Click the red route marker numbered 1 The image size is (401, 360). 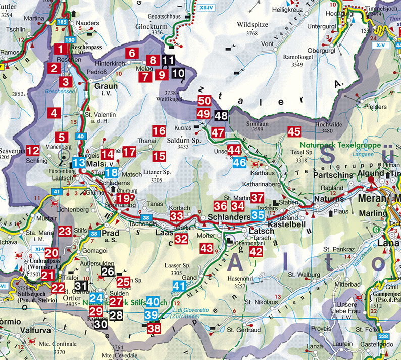[60, 50]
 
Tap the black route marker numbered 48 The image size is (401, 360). [221, 115]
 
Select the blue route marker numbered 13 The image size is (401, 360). [79, 163]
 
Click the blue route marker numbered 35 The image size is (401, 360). [258, 215]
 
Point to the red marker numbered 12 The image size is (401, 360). [33, 150]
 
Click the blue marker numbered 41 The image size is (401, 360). [179, 286]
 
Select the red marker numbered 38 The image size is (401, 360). [154, 328]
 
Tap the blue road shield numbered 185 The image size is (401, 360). [62, 22]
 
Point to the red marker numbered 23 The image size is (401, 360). [65, 231]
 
